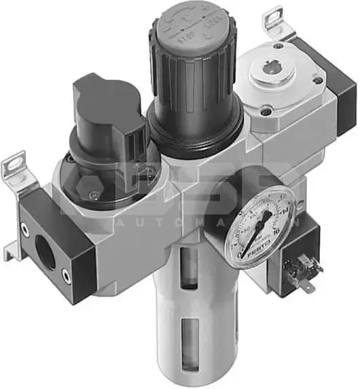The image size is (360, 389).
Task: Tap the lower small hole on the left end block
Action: tap(66, 274)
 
